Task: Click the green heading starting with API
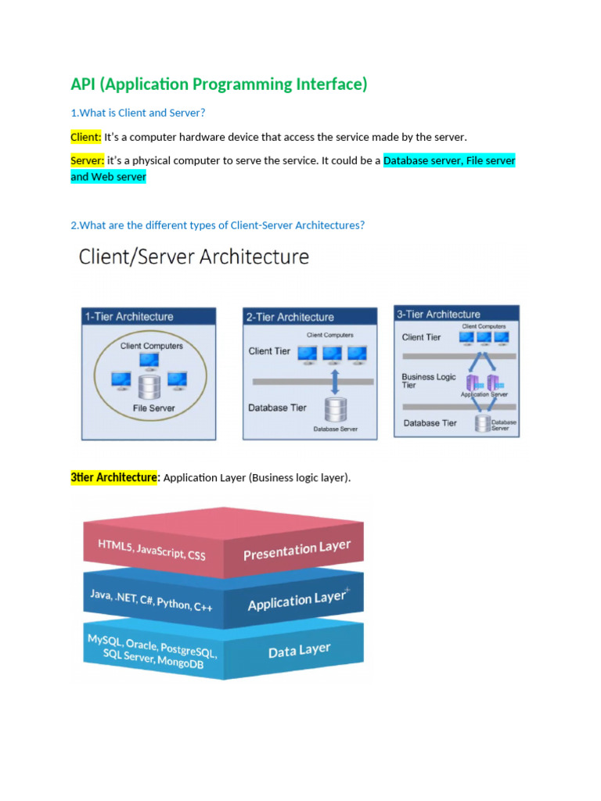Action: point(218,84)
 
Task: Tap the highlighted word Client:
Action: point(85,137)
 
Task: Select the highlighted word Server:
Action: point(87,160)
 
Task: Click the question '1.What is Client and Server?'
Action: point(138,113)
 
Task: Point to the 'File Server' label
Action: point(154,408)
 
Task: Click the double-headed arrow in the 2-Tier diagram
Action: point(335,383)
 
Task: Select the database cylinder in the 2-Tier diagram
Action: point(336,409)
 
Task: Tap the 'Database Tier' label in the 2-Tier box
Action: point(277,408)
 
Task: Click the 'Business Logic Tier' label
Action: point(428,380)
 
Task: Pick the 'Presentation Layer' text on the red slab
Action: point(297,551)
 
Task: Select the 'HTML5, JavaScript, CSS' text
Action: point(151,549)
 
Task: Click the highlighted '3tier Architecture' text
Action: point(114,477)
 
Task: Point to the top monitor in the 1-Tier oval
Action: point(149,360)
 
